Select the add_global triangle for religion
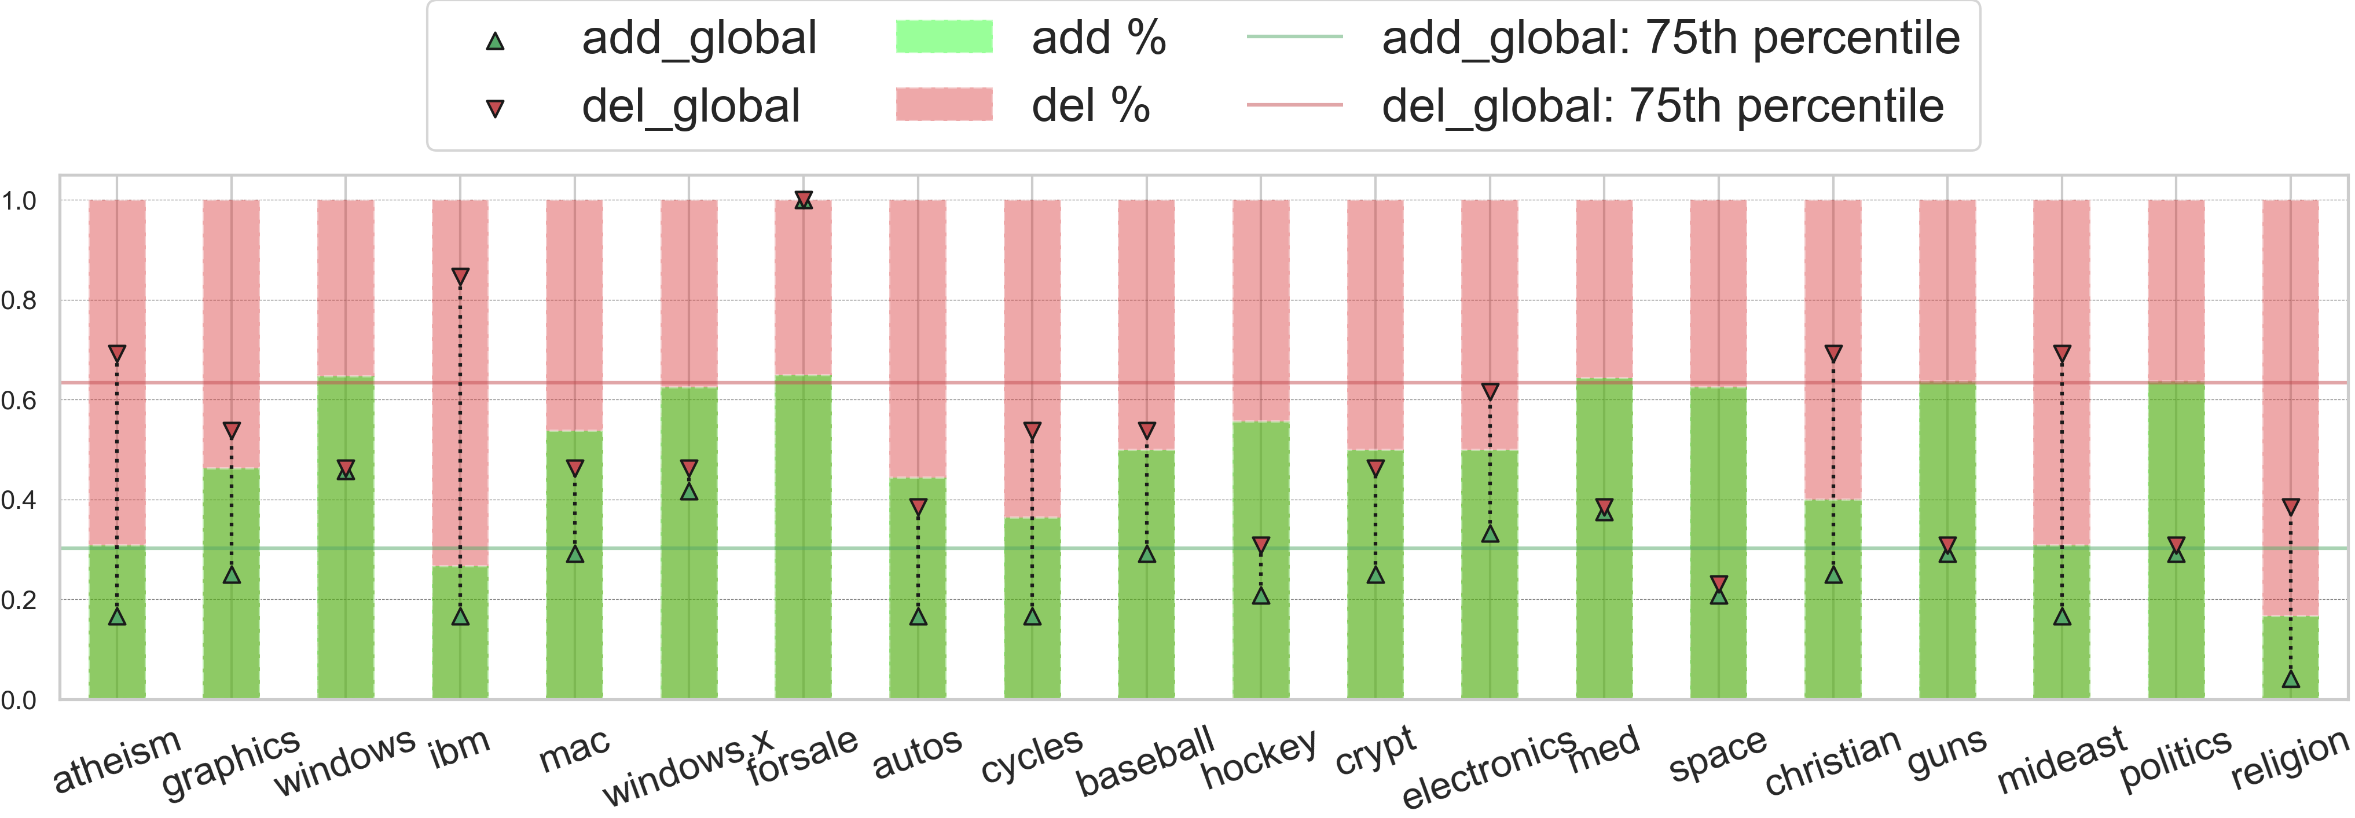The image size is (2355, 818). point(2290,678)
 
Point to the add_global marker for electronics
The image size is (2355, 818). point(1490,533)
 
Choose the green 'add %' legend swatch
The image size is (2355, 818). point(944,38)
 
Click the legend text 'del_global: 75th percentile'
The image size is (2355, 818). point(1662,106)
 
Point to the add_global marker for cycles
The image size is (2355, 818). point(1032,616)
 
